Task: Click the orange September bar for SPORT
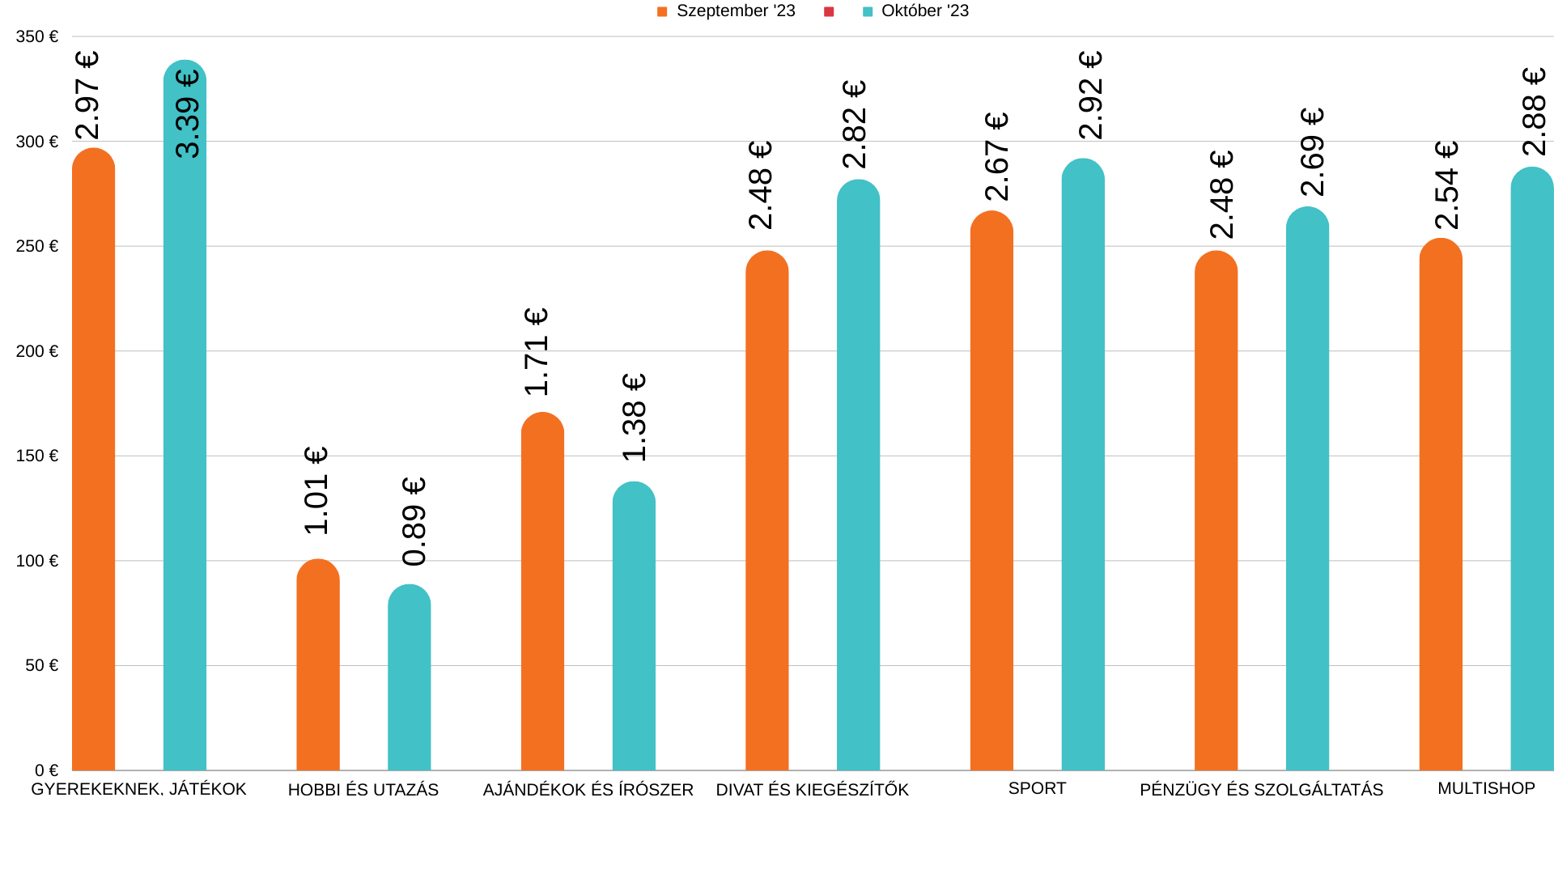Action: (991, 494)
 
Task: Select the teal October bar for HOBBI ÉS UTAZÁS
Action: (410, 680)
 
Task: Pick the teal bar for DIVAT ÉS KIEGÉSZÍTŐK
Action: (858, 477)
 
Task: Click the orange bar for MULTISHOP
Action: (1441, 506)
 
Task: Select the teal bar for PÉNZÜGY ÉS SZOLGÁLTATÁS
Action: (1307, 490)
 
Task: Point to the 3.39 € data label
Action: (187, 114)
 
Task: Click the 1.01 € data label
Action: (316, 490)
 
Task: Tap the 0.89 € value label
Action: (414, 522)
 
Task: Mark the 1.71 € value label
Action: (537, 351)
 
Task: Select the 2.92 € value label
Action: (1091, 95)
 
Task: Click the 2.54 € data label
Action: (1446, 185)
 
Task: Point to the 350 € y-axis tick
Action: (37, 37)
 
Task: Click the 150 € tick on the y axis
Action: (37, 456)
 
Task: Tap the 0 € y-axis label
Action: (46, 770)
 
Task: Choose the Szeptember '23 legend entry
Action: (735, 11)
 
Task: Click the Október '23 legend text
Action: (924, 11)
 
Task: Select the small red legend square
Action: (829, 12)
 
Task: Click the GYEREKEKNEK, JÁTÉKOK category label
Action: (138, 790)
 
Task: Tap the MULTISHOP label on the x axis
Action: (1486, 789)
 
